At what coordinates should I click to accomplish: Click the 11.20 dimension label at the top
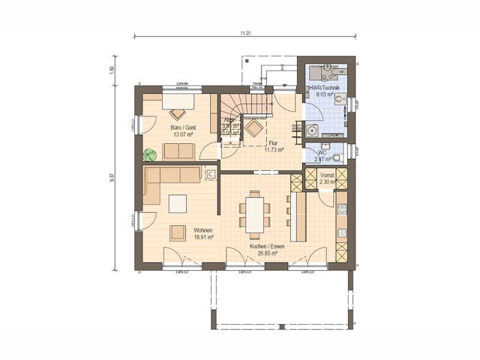pos(245,34)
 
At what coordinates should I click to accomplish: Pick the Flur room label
pos(274,142)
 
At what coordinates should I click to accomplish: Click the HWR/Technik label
pos(325,88)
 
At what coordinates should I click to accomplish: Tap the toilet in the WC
pos(337,157)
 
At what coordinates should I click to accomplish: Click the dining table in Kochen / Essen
pos(256,213)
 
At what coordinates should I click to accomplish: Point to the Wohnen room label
pos(202,230)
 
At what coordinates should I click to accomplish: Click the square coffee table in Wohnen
pos(178,203)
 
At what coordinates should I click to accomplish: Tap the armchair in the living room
pos(178,233)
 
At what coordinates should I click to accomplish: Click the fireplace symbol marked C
pos(211,175)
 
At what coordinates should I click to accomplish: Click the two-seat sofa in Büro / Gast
pos(178,151)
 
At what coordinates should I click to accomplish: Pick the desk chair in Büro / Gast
pos(177,114)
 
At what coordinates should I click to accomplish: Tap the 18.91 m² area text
pos(202,237)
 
